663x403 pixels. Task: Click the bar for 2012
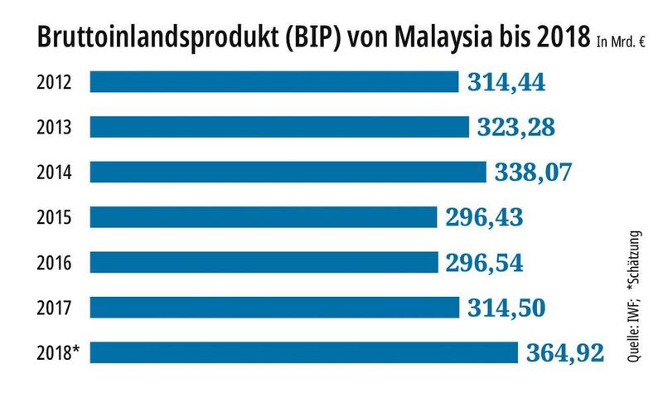[273, 82]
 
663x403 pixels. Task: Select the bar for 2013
[278, 127]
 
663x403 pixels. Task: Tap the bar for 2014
[288, 172]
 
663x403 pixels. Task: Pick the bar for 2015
[263, 217]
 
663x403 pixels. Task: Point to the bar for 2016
[263, 262]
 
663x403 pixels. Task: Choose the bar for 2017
[273, 308]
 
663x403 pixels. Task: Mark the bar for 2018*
[303, 352]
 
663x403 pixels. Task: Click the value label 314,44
[506, 82]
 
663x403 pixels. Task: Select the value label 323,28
[515, 128]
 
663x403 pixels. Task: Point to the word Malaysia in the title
[438, 37]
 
